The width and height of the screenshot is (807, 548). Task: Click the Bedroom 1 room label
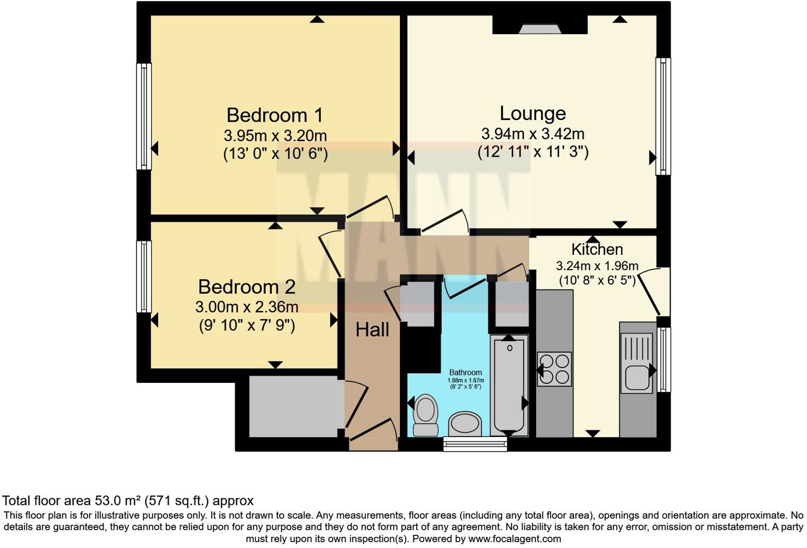[x=274, y=115]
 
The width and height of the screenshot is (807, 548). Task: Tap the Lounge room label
[x=533, y=113]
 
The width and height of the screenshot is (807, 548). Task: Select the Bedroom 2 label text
[x=246, y=287]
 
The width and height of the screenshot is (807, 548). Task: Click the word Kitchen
[x=597, y=249]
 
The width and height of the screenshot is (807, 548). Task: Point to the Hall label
[x=372, y=330]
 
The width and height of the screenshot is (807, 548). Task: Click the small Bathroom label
[x=466, y=373]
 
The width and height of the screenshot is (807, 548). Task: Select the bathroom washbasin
[x=465, y=424]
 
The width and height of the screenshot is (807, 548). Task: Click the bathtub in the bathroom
[x=509, y=386]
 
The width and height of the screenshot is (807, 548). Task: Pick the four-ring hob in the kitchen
[x=554, y=369]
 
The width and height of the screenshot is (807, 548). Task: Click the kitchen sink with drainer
[x=636, y=363]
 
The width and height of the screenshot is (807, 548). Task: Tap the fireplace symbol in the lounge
[x=539, y=29]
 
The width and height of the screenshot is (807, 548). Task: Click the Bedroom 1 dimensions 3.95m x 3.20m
[x=275, y=135]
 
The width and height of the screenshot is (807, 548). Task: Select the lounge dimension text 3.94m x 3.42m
[x=533, y=134]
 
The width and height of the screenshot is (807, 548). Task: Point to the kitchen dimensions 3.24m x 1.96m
[x=597, y=266]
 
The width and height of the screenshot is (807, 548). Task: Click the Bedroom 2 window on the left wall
[x=144, y=276]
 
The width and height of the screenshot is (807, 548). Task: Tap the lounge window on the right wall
[x=663, y=116]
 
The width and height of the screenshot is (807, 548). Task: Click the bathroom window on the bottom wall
[x=475, y=444]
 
